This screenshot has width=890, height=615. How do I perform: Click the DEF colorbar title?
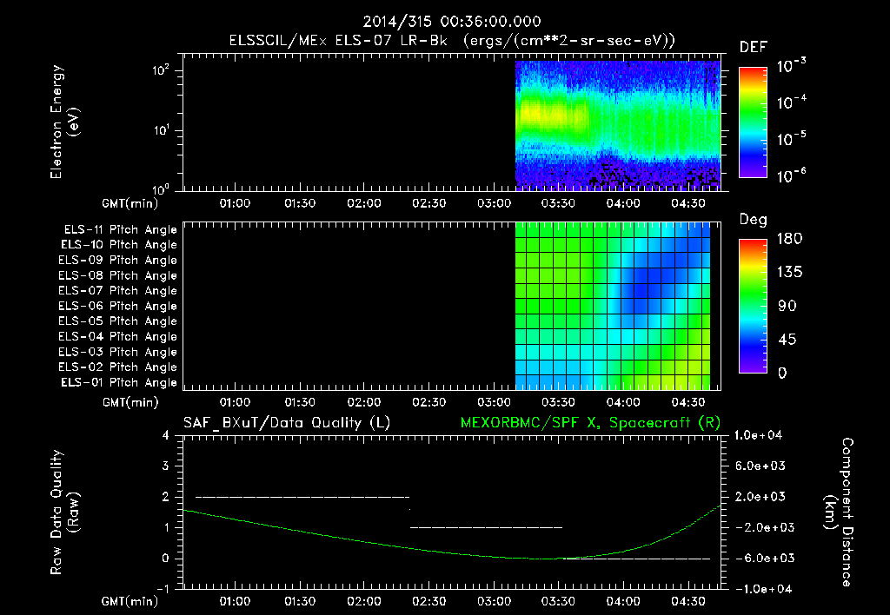coord(752,47)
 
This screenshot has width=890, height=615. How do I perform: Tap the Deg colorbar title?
coord(752,220)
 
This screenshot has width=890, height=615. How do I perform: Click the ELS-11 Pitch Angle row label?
coord(120,229)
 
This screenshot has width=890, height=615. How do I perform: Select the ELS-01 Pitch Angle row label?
coord(120,383)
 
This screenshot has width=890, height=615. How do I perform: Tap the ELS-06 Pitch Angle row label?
coord(120,306)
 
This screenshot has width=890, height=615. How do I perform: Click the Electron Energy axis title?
coord(65,123)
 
